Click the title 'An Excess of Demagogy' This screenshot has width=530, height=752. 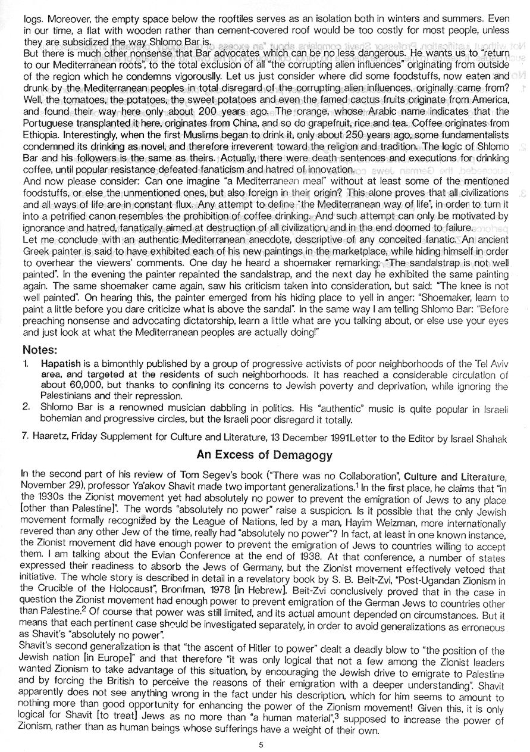pyautogui.click(x=264, y=454)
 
